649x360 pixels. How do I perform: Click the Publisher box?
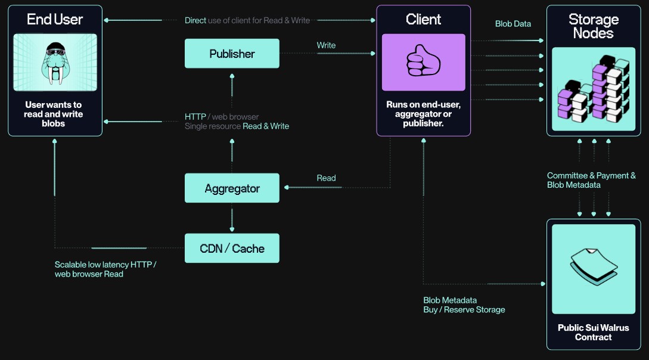(x=232, y=54)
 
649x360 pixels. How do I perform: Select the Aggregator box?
(x=232, y=188)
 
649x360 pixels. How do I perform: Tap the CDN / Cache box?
(x=232, y=249)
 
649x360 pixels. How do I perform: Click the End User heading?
(x=55, y=20)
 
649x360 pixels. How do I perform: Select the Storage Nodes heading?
(x=593, y=26)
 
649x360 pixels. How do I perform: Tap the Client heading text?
(x=423, y=19)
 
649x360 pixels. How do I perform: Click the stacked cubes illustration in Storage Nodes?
(x=593, y=89)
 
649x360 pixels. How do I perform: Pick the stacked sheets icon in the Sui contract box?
(x=593, y=268)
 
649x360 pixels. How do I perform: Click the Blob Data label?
(x=513, y=24)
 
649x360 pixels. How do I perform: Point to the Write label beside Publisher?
(x=326, y=45)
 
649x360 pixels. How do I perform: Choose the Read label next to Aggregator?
(x=326, y=178)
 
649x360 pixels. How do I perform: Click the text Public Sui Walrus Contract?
(x=593, y=333)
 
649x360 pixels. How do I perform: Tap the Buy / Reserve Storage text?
(x=464, y=310)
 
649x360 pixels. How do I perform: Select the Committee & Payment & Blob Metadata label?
(x=591, y=180)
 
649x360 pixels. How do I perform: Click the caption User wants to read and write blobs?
(x=54, y=114)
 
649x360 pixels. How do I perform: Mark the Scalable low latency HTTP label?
(x=105, y=269)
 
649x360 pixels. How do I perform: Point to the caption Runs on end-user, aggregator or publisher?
(x=423, y=114)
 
